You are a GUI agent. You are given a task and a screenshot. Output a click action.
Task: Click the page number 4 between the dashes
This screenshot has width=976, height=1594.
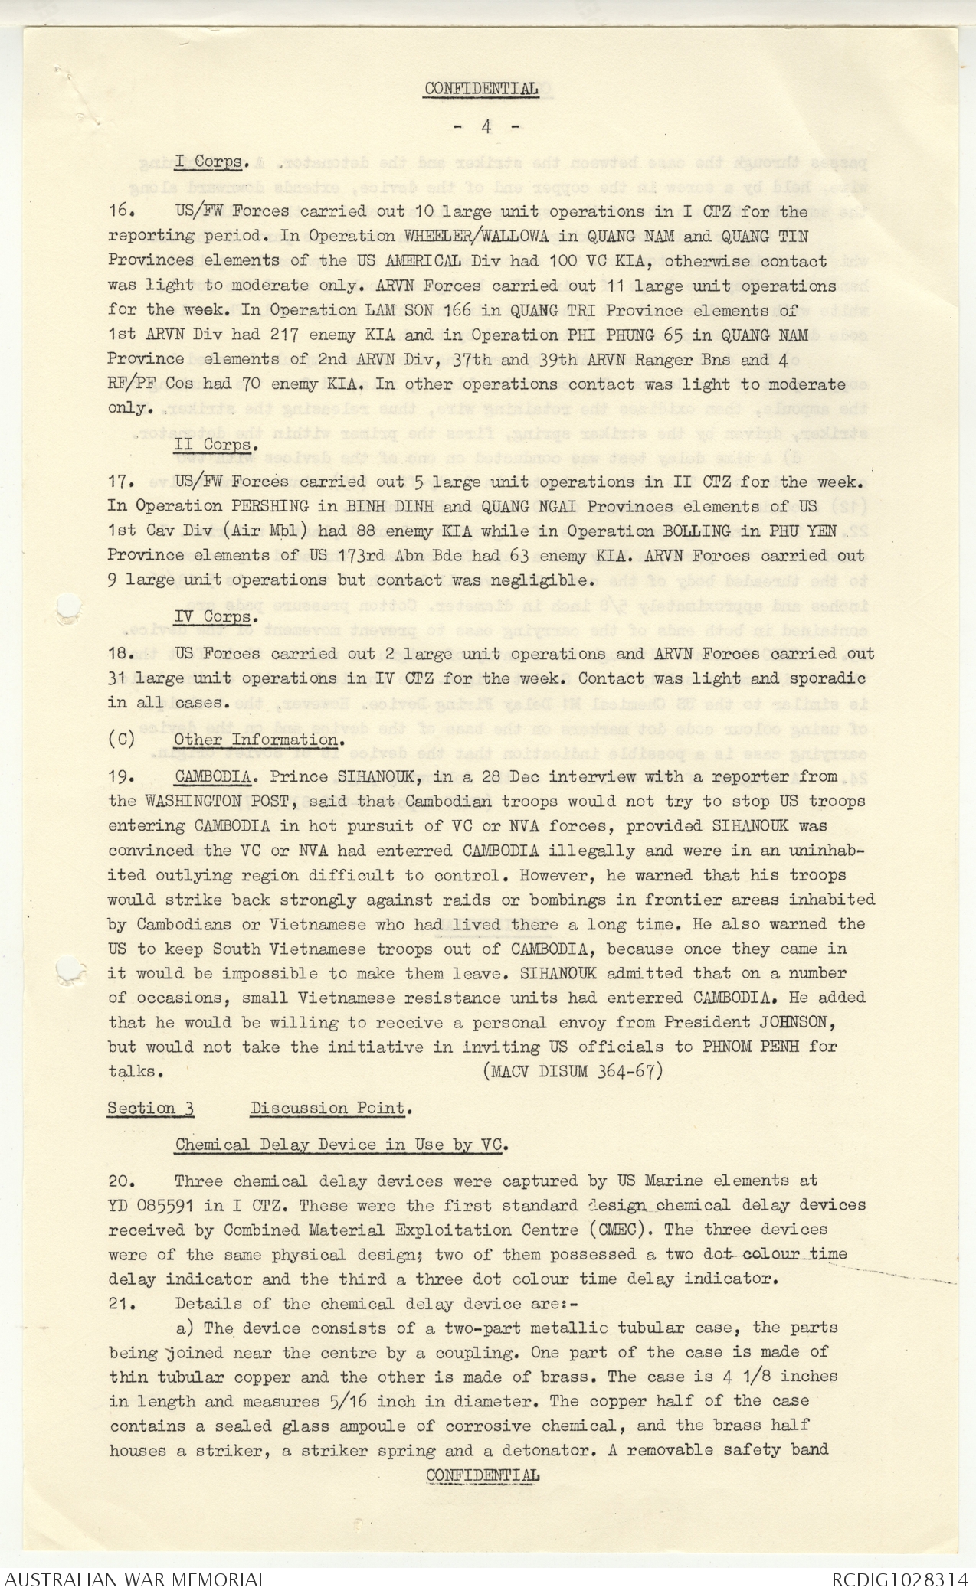[486, 127]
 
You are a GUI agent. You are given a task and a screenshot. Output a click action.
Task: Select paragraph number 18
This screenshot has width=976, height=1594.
[122, 654]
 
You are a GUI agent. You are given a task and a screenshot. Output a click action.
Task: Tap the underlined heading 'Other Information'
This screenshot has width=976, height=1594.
[256, 740]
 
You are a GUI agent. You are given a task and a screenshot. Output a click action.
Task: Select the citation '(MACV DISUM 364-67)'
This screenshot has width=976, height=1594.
[573, 1071]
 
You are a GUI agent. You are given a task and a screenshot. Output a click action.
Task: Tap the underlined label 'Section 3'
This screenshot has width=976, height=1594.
[150, 1109]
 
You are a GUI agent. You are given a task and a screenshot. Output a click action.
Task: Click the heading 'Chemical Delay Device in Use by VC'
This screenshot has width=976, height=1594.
[342, 1145]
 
